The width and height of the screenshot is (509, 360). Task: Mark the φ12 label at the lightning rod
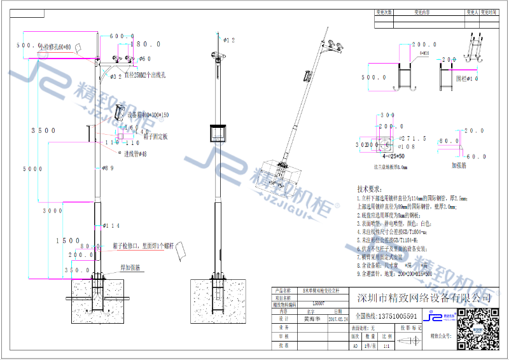coord(228,40)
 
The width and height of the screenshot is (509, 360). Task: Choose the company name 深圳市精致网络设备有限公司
coord(425,298)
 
